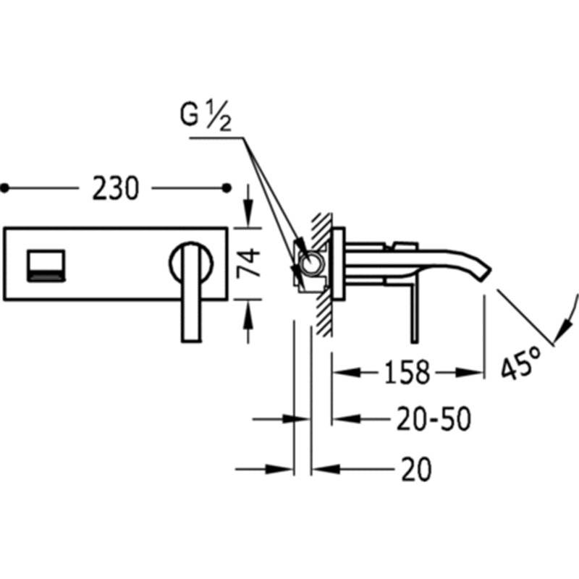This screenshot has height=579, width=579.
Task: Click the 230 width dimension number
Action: tap(116, 188)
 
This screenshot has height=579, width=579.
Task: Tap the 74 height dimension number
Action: tap(248, 263)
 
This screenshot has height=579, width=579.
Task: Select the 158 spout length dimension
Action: tap(407, 372)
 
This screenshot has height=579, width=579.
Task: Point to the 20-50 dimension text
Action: tap(434, 419)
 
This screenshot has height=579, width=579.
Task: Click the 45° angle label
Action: tap(521, 363)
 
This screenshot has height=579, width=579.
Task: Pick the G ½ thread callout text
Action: tap(206, 115)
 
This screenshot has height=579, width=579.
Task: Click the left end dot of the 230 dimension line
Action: tap(4, 188)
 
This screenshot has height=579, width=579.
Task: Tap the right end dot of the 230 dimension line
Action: tap(227, 188)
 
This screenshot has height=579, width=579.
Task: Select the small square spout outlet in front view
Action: tap(46, 266)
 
